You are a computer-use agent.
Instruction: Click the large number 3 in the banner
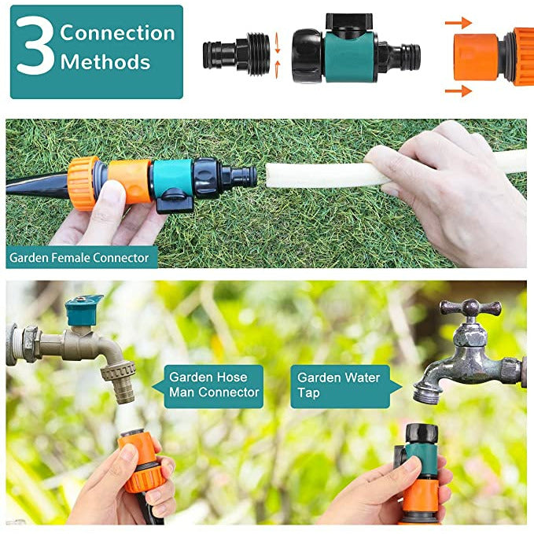[x=35, y=45]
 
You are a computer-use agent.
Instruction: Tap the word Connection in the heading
[x=117, y=33]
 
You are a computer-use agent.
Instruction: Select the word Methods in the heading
[x=105, y=62]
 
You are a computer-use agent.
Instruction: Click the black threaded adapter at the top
[x=237, y=53]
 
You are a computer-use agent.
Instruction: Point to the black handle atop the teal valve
[x=348, y=21]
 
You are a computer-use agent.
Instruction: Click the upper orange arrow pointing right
[x=459, y=23]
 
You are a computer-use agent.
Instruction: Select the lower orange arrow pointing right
[x=459, y=91]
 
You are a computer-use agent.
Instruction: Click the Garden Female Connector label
[x=79, y=258]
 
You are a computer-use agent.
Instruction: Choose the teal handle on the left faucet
[x=83, y=309]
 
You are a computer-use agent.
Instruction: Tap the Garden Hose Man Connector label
[x=214, y=386]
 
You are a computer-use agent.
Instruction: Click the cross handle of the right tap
[x=470, y=308]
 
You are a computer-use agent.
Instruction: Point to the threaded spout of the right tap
[x=426, y=393]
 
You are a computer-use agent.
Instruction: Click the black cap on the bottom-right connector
[x=422, y=433]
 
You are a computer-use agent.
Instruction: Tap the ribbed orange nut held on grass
[x=82, y=183]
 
